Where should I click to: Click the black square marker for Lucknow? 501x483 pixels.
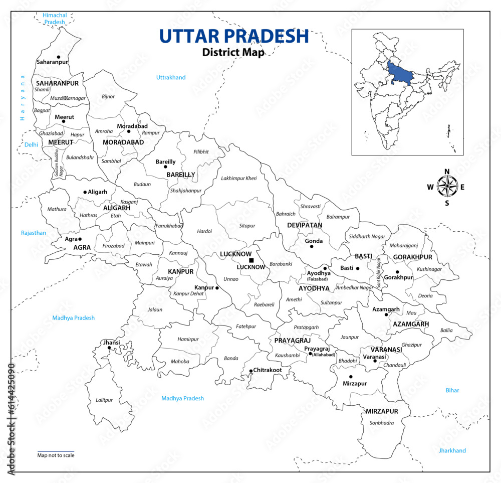pyautogui.click(x=251, y=260)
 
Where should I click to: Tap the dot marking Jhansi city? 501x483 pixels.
pyautogui.click(x=109, y=348)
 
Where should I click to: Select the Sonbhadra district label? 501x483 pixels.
pyautogui.click(x=381, y=423)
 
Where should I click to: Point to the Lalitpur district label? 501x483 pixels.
pyautogui.click(x=104, y=400)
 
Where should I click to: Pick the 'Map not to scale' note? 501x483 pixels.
pyautogui.click(x=56, y=455)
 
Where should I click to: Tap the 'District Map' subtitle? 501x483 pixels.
pyautogui.click(x=232, y=52)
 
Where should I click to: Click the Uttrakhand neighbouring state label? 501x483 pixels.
pyautogui.click(x=171, y=77)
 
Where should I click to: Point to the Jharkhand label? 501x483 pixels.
pyautogui.click(x=452, y=450)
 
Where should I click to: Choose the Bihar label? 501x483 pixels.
pyautogui.click(x=452, y=390)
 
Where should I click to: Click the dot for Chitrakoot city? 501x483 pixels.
pyautogui.click(x=251, y=371)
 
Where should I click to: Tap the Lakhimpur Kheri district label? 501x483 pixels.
pyautogui.click(x=238, y=179)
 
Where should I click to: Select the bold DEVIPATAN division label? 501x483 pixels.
pyautogui.click(x=305, y=225)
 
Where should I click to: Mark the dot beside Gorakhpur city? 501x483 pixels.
pyautogui.click(x=397, y=272)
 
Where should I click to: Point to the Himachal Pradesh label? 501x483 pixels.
pyautogui.click(x=55, y=19)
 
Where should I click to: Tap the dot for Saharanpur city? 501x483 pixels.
pyautogui.click(x=59, y=57)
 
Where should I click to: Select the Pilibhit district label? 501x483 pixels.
pyautogui.click(x=200, y=151)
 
